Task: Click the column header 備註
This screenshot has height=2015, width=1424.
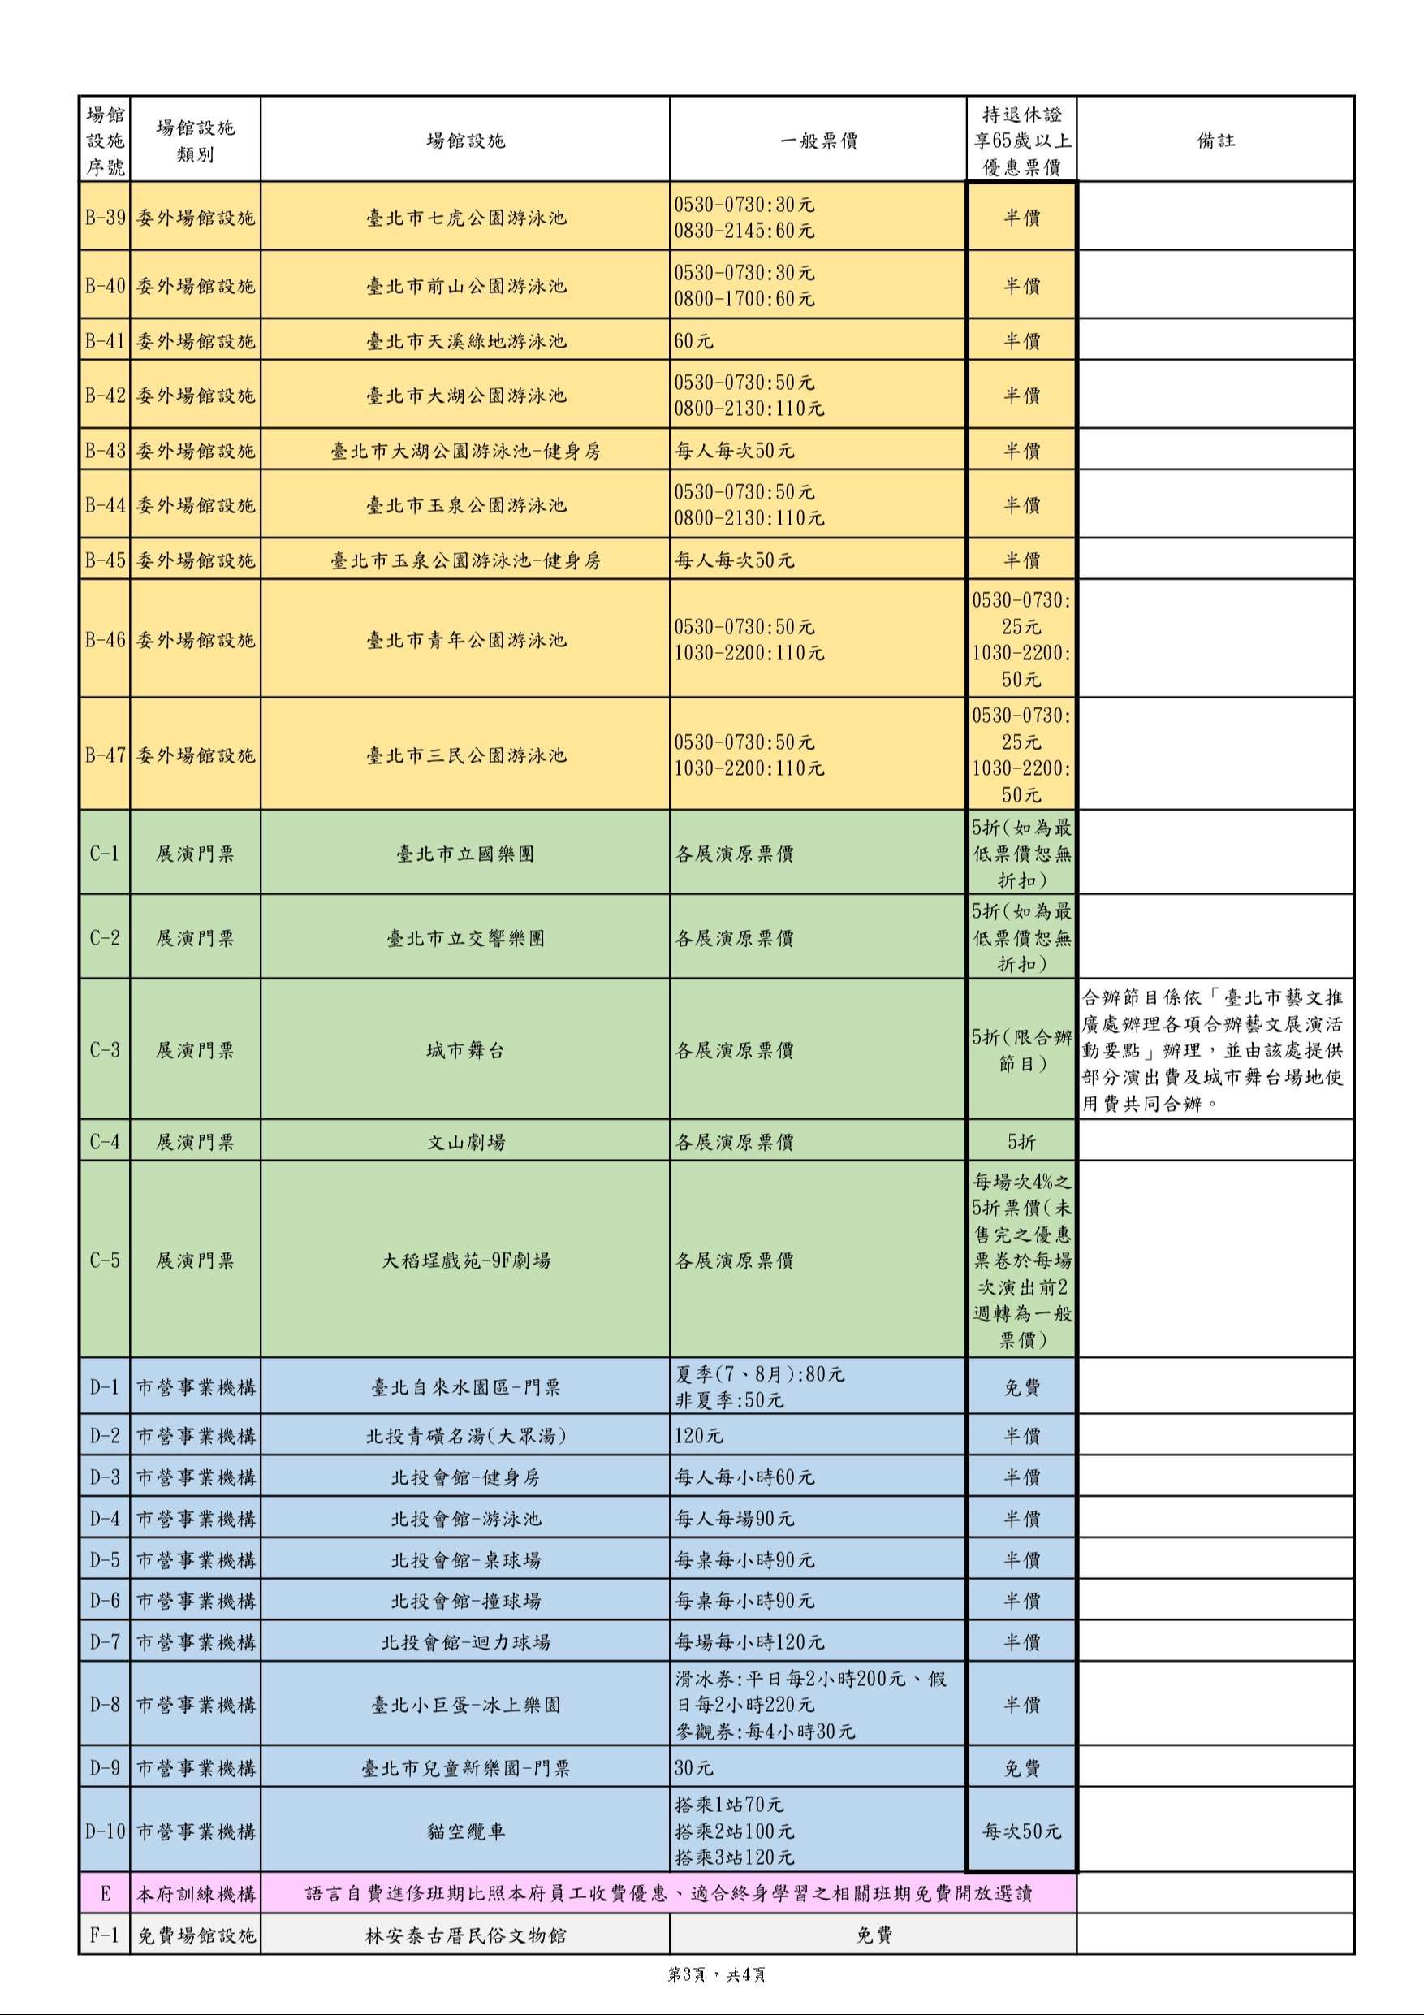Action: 1215,141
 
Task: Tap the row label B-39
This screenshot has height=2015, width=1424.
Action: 106,218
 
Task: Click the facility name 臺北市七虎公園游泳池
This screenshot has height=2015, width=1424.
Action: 466,218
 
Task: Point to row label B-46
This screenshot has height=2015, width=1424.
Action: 106,640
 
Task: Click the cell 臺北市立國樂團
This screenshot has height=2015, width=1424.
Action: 466,854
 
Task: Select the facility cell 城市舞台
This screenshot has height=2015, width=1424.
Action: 466,1050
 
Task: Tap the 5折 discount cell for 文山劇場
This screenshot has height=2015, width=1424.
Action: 1021,1142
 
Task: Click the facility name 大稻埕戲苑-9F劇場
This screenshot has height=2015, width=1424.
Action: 466,1261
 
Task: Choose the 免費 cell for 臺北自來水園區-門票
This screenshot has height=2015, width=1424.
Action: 1021,1387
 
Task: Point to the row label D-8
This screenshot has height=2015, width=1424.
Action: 106,1704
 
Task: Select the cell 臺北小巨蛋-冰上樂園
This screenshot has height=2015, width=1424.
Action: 466,1704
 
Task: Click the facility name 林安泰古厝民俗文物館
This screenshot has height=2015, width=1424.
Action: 466,1935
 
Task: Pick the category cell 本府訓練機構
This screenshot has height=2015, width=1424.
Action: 196,1894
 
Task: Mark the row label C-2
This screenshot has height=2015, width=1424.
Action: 106,938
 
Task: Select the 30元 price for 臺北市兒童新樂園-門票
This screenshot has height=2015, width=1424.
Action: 694,1767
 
